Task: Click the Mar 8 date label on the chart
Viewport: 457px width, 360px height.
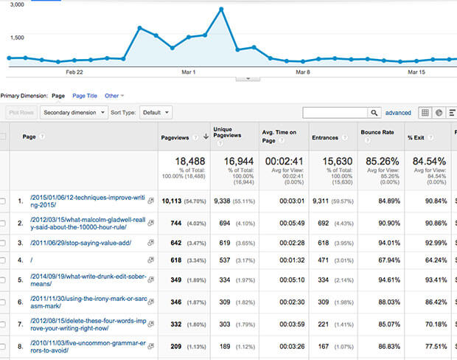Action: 302,72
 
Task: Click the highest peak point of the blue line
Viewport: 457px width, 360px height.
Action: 221,10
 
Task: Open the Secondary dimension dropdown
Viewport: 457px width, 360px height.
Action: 71,113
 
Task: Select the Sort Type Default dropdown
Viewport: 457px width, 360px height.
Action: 156,113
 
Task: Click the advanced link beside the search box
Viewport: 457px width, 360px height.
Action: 398,113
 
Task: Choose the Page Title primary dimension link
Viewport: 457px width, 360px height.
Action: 85,95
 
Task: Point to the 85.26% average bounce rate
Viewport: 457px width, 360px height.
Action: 379,161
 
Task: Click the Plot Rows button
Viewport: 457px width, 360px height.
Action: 21,113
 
